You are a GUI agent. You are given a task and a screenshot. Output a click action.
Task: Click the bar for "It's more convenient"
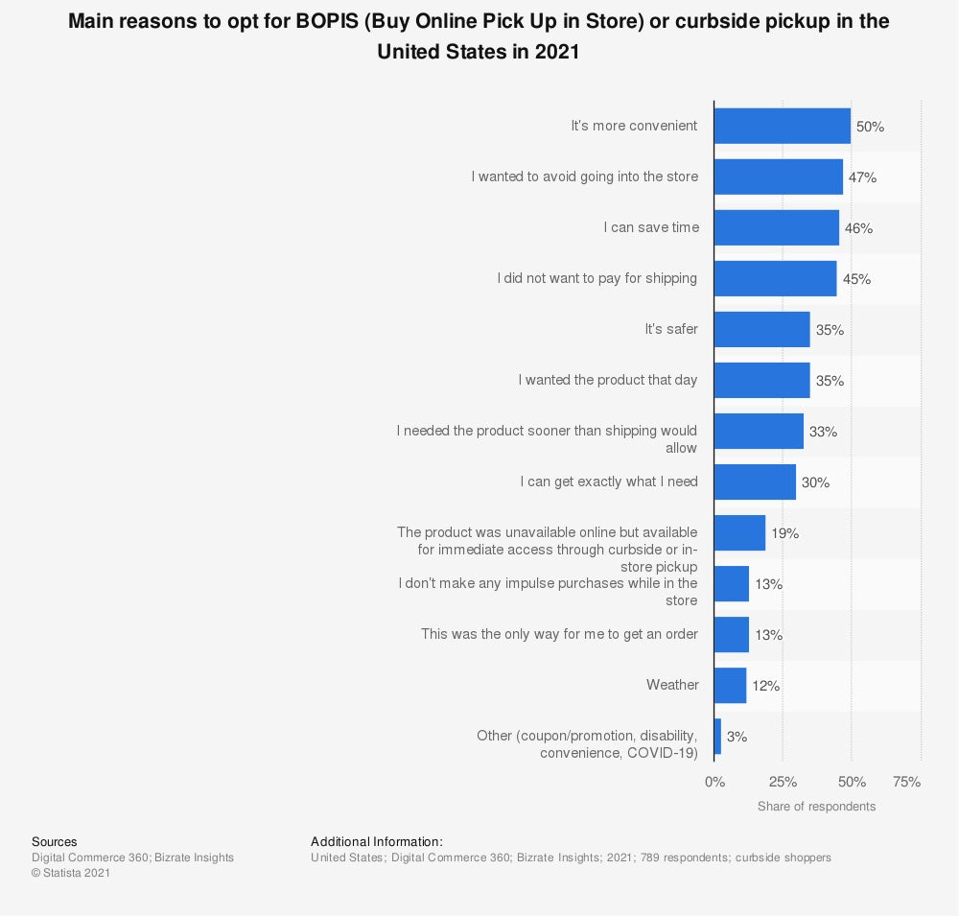(783, 126)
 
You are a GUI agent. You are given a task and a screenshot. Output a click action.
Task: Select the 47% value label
(861, 177)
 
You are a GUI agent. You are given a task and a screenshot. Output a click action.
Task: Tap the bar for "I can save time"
(777, 228)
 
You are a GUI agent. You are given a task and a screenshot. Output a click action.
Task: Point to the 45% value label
(855, 279)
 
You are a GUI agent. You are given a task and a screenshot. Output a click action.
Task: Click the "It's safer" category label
(671, 329)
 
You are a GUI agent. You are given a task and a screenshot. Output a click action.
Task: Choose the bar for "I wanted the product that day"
(762, 380)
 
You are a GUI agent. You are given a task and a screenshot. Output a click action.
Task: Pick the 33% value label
(823, 432)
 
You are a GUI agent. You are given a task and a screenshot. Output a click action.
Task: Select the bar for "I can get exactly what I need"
(756, 481)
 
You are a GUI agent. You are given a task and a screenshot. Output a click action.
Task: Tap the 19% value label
(784, 533)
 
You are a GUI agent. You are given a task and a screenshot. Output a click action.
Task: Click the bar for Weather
(731, 685)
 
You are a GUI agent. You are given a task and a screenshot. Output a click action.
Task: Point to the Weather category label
(672, 685)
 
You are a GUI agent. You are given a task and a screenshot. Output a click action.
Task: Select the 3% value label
(737, 737)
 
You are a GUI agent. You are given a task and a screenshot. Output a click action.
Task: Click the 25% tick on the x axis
(783, 782)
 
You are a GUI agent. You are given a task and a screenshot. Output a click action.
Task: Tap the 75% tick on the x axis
(906, 782)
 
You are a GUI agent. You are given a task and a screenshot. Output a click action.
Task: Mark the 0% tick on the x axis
(714, 782)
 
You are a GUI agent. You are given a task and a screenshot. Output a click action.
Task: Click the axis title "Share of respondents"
(816, 807)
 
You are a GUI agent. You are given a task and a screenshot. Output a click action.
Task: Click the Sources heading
(54, 841)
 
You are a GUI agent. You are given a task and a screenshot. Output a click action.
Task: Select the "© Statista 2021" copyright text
(71, 873)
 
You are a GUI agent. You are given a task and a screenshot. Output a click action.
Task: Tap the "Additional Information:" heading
(376, 841)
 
